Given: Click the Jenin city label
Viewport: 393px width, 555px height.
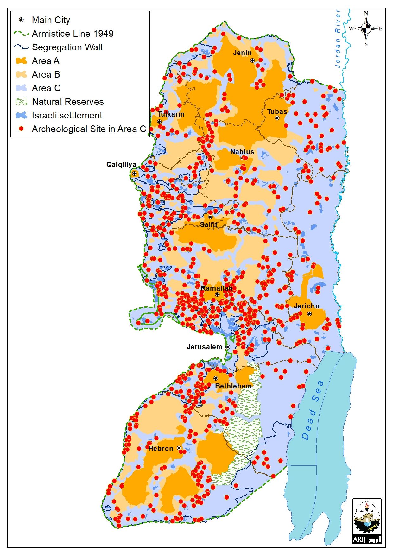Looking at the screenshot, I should click(x=242, y=53).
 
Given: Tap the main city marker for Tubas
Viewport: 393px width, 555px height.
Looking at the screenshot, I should click(x=277, y=118).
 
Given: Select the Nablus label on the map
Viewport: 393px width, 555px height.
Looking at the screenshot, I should click(x=242, y=152).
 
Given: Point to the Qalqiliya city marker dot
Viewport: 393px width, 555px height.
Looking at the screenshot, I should click(x=134, y=173).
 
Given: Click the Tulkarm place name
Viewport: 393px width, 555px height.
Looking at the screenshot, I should click(x=171, y=114).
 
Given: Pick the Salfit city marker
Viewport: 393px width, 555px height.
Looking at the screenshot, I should click(x=210, y=217).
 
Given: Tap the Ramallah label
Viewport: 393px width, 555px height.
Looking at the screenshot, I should click(x=217, y=288).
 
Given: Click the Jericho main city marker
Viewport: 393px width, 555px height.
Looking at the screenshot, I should click(x=309, y=314).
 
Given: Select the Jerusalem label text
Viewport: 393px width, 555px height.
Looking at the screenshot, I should click(x=204, y=347).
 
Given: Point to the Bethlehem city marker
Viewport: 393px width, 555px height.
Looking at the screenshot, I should click(x=216, y=378).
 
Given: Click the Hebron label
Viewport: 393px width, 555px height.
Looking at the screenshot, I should click(x=161, y=449).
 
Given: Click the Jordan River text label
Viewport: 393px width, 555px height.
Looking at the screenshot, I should click(x=338, y=39).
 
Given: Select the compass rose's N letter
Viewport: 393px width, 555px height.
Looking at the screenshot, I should click(x=366, y=13).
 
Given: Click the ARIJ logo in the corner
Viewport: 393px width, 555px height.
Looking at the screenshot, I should click(x=367, y=521).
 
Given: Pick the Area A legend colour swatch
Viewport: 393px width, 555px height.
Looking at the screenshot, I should click(x=21, y=61).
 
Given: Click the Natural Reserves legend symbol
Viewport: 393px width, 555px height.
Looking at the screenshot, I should click(x=21, y=102).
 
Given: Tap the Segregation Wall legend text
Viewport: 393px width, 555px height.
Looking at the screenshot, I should click(x=67, y=47).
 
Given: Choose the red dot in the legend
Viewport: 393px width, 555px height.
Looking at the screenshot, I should click(x=21, y=129).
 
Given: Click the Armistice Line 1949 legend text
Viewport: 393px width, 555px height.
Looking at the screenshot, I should click(x=73, y=34).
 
